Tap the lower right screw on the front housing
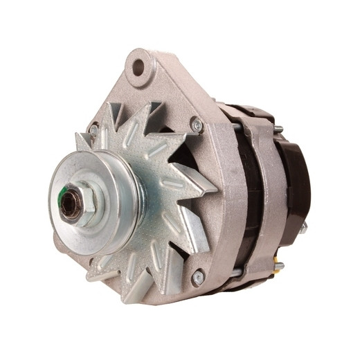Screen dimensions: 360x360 tap(198, 276)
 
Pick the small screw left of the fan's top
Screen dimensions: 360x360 tap(93, 129)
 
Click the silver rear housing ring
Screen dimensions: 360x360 tap(267, 201)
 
